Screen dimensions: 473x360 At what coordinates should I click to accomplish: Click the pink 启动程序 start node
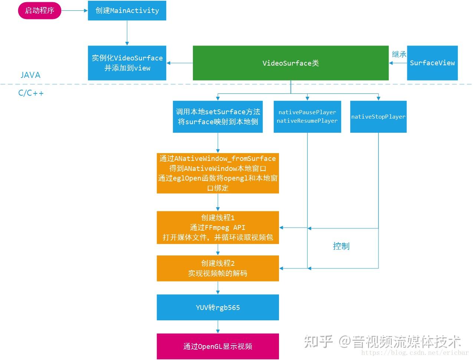coord(40,10)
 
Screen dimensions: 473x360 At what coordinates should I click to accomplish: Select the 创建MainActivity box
coord(127,10)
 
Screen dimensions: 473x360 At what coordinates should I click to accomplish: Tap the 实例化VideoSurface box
coord(127,63)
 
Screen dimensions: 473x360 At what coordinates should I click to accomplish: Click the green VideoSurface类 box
coord(291,63)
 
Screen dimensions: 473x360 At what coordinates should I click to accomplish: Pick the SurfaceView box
coord(432,63)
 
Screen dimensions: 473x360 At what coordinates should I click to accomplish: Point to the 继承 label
coord(399,54)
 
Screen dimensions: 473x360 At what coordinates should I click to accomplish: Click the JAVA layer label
coord(30,75)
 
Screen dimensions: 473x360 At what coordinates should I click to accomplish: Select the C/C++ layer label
coord(31,93)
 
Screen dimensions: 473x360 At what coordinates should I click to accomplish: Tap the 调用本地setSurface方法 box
coord(218,117)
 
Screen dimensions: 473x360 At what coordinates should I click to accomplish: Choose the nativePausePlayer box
coord(307,117)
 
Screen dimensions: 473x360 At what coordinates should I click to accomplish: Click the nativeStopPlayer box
coord(378,117)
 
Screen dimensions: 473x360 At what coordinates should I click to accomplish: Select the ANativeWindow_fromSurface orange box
coord(218,173)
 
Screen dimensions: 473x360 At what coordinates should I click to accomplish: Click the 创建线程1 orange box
coord(218,227)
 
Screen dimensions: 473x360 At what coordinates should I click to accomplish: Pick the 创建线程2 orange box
coord(218,268)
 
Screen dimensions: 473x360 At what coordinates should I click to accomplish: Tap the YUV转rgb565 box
coord(218,307)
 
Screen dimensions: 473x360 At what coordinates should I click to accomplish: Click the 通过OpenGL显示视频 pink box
coord(218,346)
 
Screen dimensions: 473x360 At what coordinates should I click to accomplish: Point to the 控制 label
coord(341,246)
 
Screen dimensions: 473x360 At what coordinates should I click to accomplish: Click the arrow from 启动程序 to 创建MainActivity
coord(75,10)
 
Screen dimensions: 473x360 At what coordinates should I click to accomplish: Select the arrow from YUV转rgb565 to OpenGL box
coord(218,327)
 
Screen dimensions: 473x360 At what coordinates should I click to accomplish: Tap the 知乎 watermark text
coord(318,342)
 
